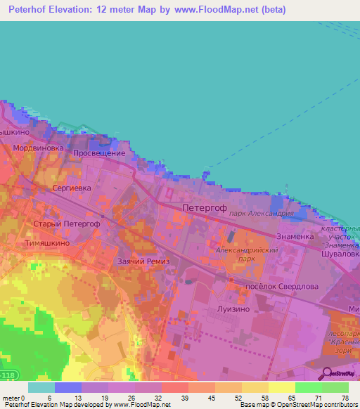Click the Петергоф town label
pos(203,208)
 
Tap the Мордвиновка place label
pos(39,149)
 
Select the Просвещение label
pos(99,153)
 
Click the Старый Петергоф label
pos(67,223)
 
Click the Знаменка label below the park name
pos(295,236)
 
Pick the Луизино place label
pos(229,309)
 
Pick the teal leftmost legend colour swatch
pos(41,387)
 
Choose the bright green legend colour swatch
pos(308,387)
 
